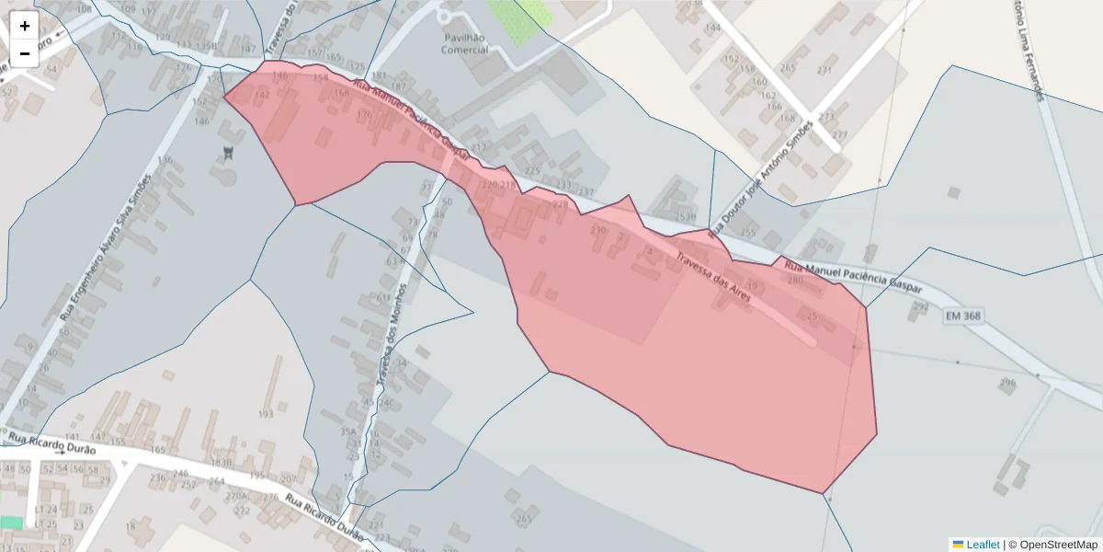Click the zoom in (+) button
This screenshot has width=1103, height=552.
point(25,26)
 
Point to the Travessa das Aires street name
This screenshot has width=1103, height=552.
point(713,277)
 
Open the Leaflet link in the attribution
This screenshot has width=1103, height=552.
point(983,545)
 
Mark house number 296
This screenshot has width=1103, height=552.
point(1007,382)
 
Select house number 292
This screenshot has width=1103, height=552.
point(918,306)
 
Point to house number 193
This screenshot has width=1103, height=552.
point(266,414)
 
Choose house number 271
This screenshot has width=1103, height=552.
point(824,70)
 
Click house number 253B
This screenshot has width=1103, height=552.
point(685,217)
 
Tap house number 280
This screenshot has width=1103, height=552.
point(795,280)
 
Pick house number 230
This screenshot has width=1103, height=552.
point(598,230)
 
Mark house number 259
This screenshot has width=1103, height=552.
point(747,232)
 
